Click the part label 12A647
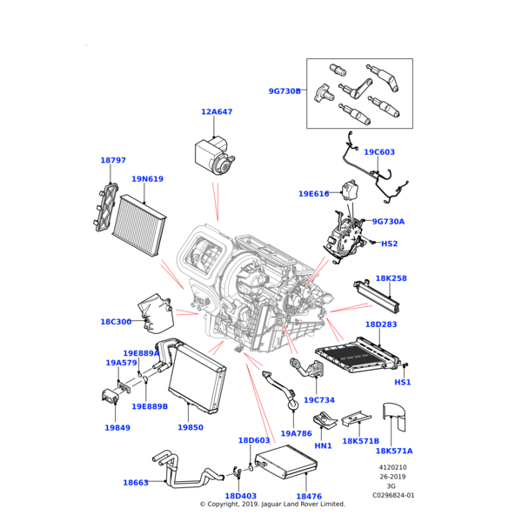click(x=217, y=112)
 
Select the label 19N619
click(x=147, y=179)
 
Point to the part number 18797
click(x=113, y=161)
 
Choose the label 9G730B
click(x=284, y=90)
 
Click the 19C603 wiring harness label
click(x=379, y=152)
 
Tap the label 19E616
click(x=314, y=194)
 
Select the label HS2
click(x=390, y=244)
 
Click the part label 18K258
click(x=391, y=279)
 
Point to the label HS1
click(x=403, y=383)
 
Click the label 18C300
click(x=116, y=322)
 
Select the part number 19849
click(x=117, y=428)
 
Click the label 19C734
click(x=319, y=400)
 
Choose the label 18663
click(x=136, y=483)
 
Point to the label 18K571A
click(x=394, y=452)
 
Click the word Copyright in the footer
click(x=231, y=504)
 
